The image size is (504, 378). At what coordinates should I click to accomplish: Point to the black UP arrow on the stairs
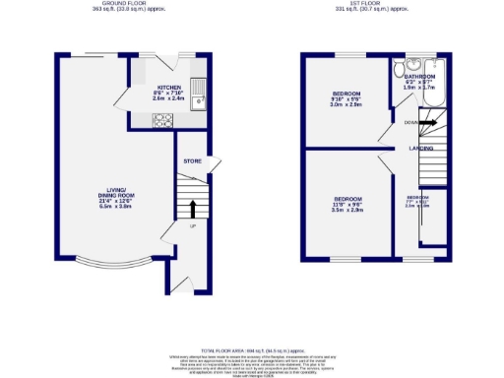point(192,208)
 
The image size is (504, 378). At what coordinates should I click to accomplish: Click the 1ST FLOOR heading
point(369,5)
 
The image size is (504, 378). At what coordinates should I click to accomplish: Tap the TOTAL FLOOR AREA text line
point(251,350)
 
